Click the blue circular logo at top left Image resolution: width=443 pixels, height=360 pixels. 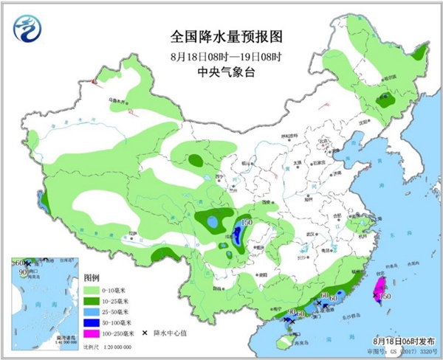[27, 29]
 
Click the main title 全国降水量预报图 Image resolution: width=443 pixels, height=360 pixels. [221, 35]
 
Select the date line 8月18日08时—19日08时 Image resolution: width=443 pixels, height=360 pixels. [221, 55]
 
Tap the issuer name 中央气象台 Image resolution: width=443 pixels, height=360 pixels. [221, 72]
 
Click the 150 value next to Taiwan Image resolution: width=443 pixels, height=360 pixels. [385, 297]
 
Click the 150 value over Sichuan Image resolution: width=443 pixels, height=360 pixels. [245, 223]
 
